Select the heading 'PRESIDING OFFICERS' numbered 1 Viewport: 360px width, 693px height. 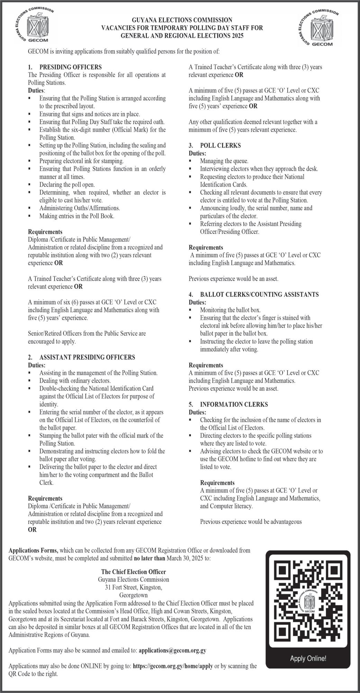[70, 67]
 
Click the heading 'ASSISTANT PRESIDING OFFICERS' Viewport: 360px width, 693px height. [87, 357]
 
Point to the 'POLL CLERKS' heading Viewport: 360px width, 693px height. [220, 145]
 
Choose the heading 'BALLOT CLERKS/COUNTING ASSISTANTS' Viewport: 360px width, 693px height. [259, 294]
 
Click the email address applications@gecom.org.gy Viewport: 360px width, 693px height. [172, 650]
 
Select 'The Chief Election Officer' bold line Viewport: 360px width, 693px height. [133, 572]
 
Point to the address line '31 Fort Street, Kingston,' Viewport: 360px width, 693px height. [134, 587]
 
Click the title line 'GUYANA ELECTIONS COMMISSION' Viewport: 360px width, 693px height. [182, 20]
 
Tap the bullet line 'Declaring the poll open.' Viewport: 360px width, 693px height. [67, 185]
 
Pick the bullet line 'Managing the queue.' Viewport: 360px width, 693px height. [224, 161]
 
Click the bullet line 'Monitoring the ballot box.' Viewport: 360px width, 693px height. [230, 310]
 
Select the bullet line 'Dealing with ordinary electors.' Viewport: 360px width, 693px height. [75, 381]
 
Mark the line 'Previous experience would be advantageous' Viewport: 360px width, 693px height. [251, 522]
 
